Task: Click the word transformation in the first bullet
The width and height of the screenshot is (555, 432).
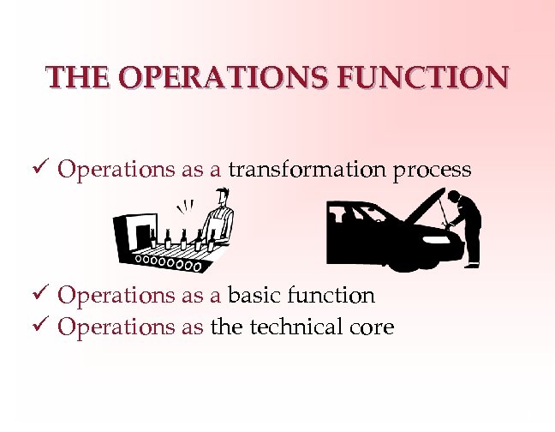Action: coord(307,170)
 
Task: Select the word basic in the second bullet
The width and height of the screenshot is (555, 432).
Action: coord(255,296)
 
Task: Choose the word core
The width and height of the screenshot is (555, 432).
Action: coord(370,327)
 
